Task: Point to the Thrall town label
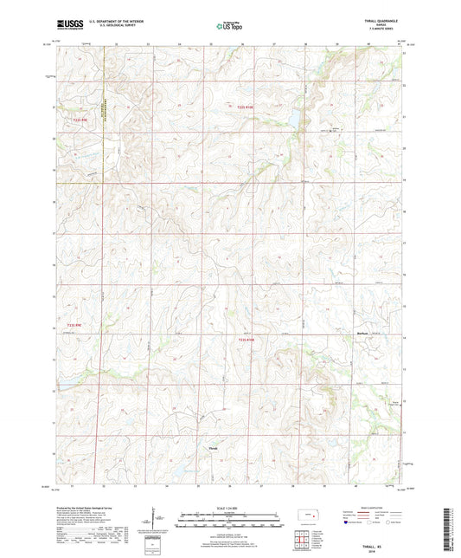(214, 448)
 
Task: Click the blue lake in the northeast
(293, 116)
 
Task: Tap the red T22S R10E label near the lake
(247, 107)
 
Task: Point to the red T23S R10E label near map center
(247, 340)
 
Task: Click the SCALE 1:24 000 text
(230, 508)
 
